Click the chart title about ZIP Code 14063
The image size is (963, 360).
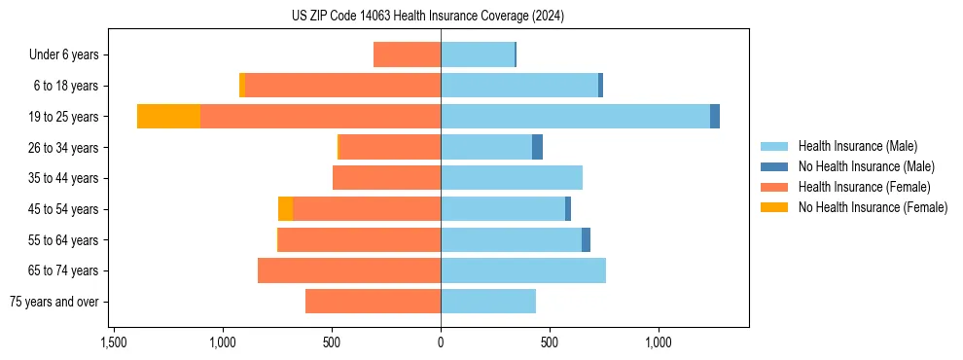point(428,16)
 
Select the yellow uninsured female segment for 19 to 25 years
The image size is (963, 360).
point(168,117)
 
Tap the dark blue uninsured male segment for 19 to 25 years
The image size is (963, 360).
point(715,117)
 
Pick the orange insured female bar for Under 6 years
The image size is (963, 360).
point(407,54)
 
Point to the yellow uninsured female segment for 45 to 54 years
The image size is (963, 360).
point(285,209)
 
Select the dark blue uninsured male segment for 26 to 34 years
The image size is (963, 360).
point(537,147)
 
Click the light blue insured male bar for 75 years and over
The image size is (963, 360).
point(488,302)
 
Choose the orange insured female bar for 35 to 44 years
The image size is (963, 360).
point(386,178)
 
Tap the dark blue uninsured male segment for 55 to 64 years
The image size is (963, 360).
point(586,239)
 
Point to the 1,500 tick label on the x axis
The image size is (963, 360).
point(114,342)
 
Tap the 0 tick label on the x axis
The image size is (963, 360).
point(441,342)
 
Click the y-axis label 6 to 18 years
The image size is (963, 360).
point(65,86)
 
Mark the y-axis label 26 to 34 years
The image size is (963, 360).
point(63,147)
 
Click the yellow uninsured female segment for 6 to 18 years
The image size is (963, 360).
point(242,86)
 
